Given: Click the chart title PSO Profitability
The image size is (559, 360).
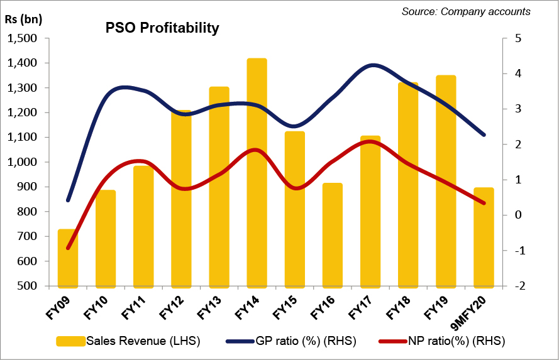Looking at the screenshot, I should click(162, 28).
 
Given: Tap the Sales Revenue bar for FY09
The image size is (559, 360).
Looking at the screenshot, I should click(68, 258).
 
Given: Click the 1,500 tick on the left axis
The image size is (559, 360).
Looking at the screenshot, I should click(21, 39).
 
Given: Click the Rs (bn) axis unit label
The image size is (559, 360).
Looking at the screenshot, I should click(24, 18).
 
